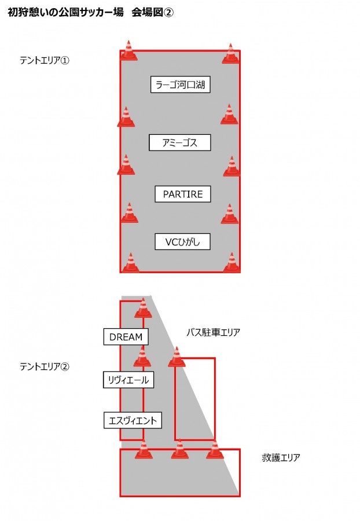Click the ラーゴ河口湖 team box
point(181,85)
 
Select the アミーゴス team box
point(179,142)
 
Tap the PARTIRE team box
point(183,194)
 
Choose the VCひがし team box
point(182,241)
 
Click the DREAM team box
point(126,336)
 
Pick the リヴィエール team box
point(128,380)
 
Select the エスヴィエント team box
point(133,420)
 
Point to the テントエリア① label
point(45,60)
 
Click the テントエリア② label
point(45,366)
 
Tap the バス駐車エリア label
point(213,332)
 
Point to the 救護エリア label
point(281,457)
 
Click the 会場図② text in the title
point(152,12)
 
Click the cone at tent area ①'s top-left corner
point(129,50)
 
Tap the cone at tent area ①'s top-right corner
point(230,53)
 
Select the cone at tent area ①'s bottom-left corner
point(131,262)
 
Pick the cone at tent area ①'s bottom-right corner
point(232,262)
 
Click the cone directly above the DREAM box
point(143,308)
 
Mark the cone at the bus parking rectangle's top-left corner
point(177,357)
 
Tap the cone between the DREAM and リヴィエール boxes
point(142,356)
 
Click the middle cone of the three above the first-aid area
point(179,449)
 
